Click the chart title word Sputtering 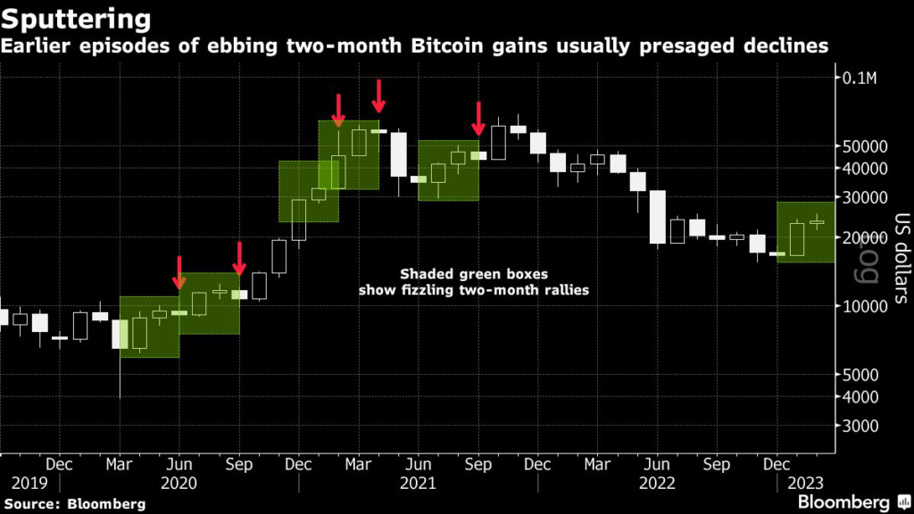pyautogui.click(x=76, y=18)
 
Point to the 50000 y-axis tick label pyautogui.click(x=864, y=146)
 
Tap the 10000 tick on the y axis pyautogui.click(x=864, y=306)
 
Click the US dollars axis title pyautogui.click(x=899, y=259)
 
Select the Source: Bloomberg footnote pyautogui.click(x=75, y=503)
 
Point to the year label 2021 pyautogui.click(x=418, y=483)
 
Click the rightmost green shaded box pyautogui.click(x=806, y=232)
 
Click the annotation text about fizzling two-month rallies pyautogui.click(x=473, y=282)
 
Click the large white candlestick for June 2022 pyautogui.click(x=658, y=217)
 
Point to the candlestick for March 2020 pyautogui.click(x=120, y=334)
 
